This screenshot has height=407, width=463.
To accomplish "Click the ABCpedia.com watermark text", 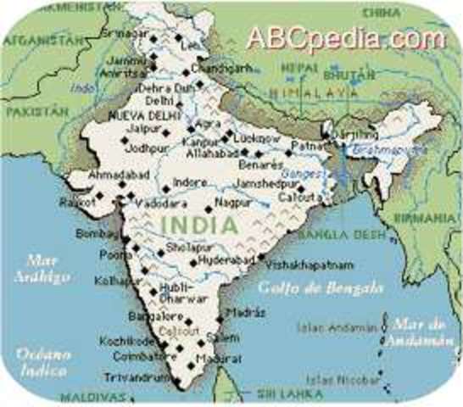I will click(345, 39).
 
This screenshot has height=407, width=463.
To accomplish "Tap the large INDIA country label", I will click(198, 226).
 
